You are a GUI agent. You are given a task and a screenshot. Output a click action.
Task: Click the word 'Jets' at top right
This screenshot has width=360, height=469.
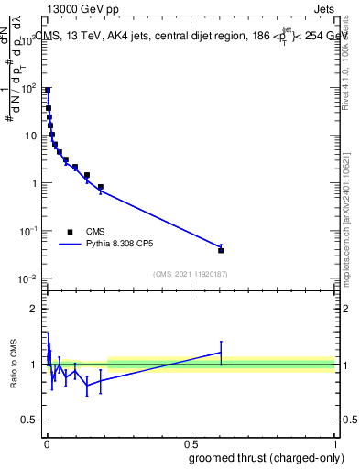click(x=322, y=10)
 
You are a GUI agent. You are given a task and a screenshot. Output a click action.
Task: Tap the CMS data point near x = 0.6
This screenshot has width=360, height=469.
click(x=221, y=250)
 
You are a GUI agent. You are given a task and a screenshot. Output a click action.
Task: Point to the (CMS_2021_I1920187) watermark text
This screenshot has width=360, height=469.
click(x=191, y=274)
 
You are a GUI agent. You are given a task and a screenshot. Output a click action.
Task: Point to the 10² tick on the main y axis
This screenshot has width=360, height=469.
click(x=31, y=88)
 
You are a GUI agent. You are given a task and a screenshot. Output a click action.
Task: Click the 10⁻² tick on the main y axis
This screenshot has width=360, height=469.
click(x=31, y=278)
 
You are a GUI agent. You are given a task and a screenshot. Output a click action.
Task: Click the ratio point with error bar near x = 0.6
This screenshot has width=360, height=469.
click(x=221, y=352)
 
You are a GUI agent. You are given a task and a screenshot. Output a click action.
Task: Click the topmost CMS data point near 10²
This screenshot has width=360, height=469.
click(x=48, y=90)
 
